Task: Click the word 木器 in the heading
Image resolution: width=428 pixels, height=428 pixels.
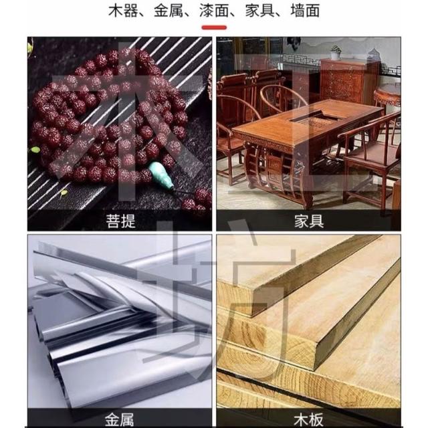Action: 123,11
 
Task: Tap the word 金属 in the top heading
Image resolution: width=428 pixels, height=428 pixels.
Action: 169,11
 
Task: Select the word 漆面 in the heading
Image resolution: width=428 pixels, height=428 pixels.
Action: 214,11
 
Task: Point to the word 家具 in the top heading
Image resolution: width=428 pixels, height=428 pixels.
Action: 259,11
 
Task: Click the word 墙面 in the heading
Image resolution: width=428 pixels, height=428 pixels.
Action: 305,11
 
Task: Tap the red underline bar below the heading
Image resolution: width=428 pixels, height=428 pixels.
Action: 214,27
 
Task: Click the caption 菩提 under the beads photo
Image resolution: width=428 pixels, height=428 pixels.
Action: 120,221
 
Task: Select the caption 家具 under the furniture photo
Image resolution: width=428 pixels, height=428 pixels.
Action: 309,221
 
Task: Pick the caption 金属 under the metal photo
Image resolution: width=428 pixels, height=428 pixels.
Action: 119,419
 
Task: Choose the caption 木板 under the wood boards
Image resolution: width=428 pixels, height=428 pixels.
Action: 308,419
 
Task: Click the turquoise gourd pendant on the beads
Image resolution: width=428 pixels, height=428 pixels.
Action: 161,175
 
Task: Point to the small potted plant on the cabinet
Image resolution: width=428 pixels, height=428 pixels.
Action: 336,52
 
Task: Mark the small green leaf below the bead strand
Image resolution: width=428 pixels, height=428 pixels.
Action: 64,193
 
